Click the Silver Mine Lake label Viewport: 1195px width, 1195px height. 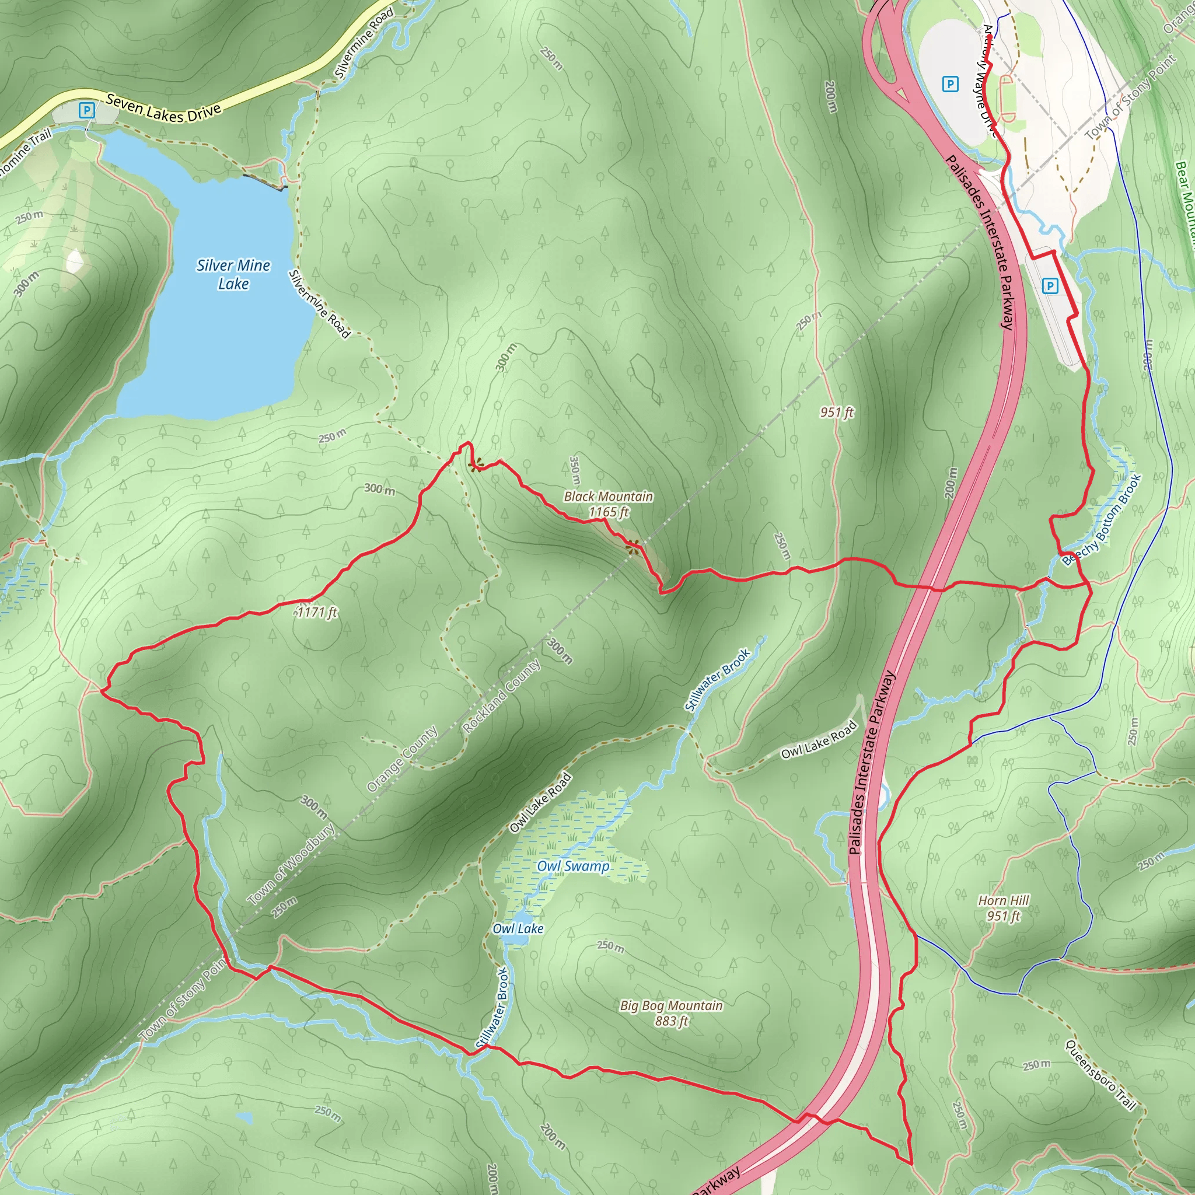coord(233,274)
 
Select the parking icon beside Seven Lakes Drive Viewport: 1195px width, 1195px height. coord(87,111)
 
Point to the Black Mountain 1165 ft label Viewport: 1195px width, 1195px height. coord(608,504)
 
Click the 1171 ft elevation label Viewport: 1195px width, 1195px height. coord(317,612)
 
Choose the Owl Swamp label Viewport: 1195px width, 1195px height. coord(573,866)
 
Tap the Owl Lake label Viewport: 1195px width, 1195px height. coord(518,928)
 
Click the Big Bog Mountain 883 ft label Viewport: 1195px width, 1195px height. coord(671,1012)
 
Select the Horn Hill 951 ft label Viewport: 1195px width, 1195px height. coord(1003,908)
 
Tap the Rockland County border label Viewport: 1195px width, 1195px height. coord(502,696)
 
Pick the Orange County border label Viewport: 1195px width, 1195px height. coord(402,759)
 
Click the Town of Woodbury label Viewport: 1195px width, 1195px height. coord(291,864)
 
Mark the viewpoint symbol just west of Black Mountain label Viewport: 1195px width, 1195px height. coord(476,464)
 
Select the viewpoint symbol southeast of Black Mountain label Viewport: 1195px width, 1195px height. coord(632,545)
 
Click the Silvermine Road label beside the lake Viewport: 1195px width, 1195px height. coord(320,303)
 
